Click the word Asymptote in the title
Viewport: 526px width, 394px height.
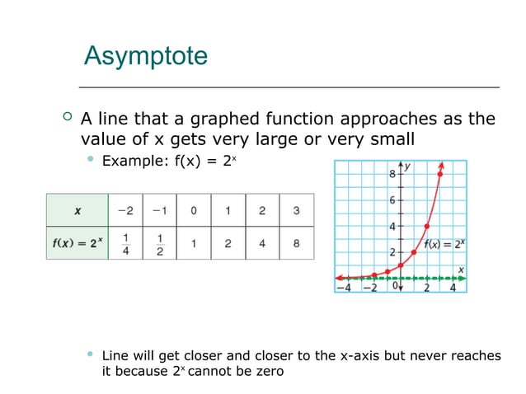click(x=146, y=57)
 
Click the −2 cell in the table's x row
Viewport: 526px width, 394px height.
click(x=125, y=210)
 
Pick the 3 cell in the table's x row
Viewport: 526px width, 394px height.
click(x=296, y=210)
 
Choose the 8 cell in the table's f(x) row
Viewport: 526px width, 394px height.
click(x=296, y=243)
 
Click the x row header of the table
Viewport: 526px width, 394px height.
click(x=77, y=210)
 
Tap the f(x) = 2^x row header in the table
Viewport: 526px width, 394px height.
click(x=77, y=243)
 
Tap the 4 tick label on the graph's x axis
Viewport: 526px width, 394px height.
click(x=453, y=288)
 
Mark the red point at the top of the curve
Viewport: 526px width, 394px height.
click(x=440, y=174)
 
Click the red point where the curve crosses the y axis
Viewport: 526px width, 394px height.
click(x=400, y=265)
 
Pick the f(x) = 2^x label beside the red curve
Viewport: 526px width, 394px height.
click(x=444, y=243)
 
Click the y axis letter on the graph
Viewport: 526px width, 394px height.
click(x=408, y=167)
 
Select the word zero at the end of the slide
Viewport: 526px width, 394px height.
click(x=266, y=372)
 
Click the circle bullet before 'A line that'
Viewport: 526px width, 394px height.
click(x=68, y=119)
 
